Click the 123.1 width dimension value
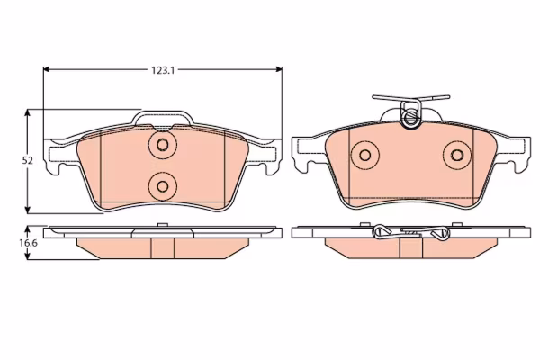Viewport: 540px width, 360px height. coord(163,70)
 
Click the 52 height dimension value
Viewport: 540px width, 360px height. coord(28,160)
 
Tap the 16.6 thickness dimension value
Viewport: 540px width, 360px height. coord(28,243)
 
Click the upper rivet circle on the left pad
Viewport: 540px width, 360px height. coord(163,145)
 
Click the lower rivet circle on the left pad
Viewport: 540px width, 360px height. coord(163,186)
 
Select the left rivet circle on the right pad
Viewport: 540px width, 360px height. coord(364,156)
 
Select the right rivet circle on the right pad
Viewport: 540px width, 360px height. coord(457,156)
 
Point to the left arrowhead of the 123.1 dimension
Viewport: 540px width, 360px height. coord(47,69)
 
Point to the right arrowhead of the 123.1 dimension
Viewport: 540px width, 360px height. coord(279,69)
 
